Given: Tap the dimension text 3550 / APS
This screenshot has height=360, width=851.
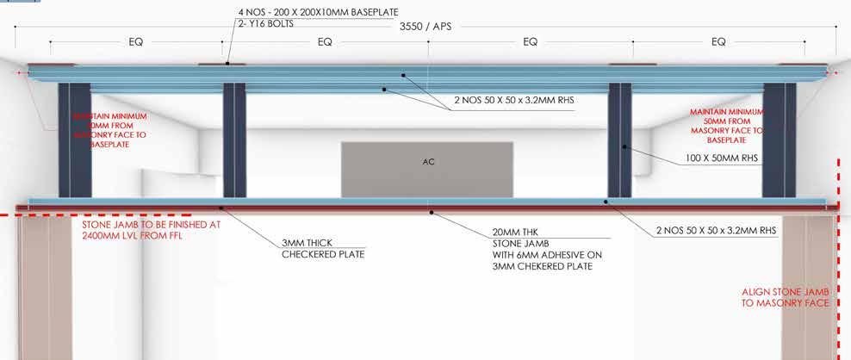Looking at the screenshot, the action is pos(427,27).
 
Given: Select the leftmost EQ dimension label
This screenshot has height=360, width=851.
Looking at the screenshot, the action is pos(137,41).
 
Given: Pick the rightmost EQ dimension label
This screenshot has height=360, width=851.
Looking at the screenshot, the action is pos(718,41).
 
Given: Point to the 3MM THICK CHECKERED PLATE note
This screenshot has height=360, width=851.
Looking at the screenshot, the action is pos(324,249).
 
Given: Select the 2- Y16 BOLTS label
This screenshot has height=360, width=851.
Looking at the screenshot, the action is pos(264,23).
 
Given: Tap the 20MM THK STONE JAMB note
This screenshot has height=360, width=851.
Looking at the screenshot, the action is pos(544,248).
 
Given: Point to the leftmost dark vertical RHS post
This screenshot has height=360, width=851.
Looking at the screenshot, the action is pos(74,140).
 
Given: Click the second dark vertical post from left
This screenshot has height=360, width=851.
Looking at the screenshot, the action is pos(234,140).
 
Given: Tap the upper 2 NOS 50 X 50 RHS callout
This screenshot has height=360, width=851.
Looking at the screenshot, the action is pos(513,100).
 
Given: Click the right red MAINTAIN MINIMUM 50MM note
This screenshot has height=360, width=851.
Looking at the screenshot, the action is pos(727,126).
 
